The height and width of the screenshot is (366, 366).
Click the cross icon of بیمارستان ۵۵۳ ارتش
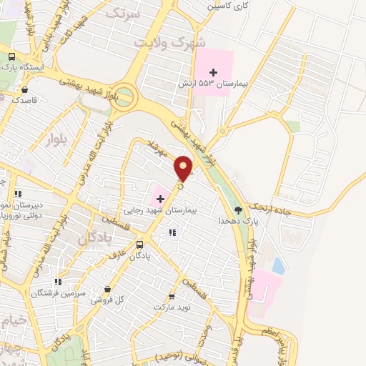[x=213, y=72]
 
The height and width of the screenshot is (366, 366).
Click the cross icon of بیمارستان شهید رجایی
[x=160, y=197]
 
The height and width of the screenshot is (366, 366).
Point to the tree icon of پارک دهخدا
[x=238, y=210]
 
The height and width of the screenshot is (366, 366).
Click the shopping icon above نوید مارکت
[x=171, y=296]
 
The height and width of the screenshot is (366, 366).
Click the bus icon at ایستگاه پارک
[x=11, y=56]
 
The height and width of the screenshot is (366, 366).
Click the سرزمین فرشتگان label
[x=59, y=293]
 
